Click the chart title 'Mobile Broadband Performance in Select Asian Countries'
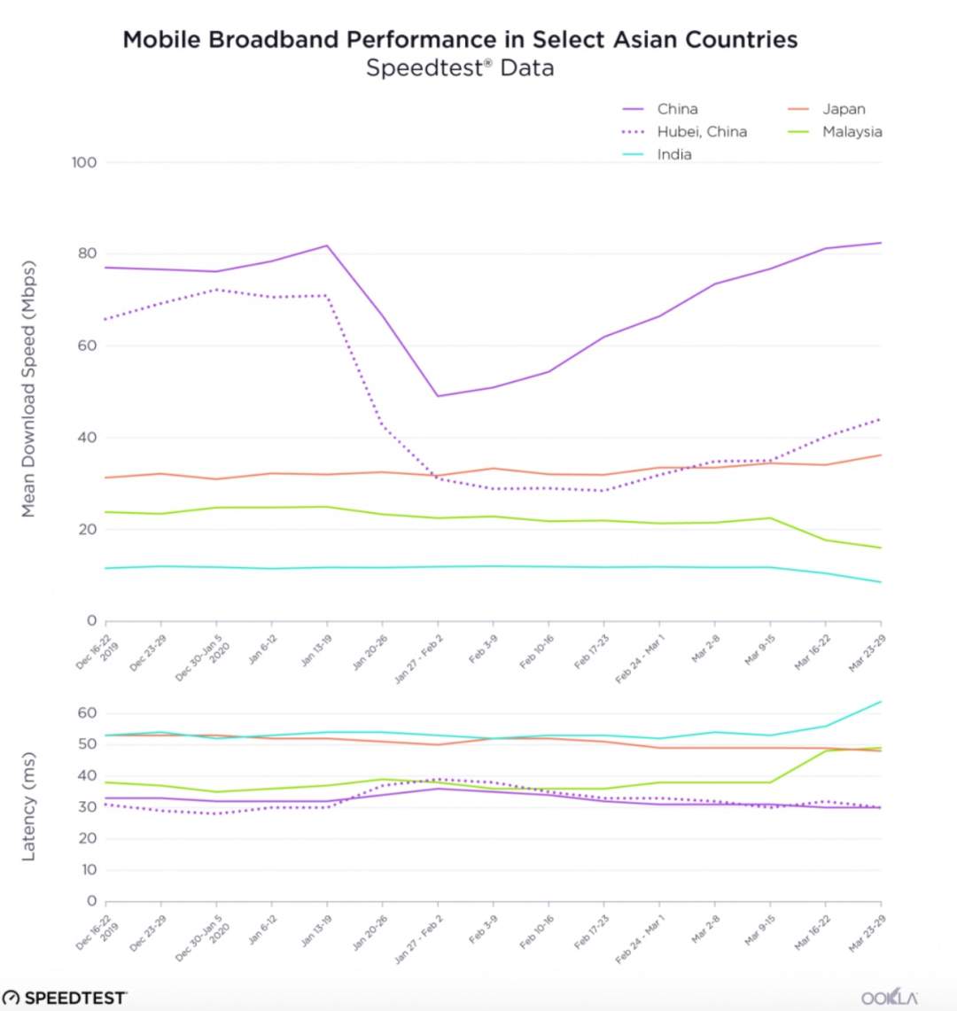[460, 40]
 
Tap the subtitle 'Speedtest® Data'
[460, 68]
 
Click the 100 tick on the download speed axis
[84, 162]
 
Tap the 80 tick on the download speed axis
[86, 253]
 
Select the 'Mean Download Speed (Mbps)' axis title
[28, 389]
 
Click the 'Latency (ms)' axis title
[28, 807]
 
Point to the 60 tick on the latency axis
[87, 713]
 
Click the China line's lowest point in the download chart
[438, 396]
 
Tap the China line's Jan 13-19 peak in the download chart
[327, 245]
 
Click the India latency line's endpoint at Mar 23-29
[881, 702]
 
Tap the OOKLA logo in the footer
[889, 998]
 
